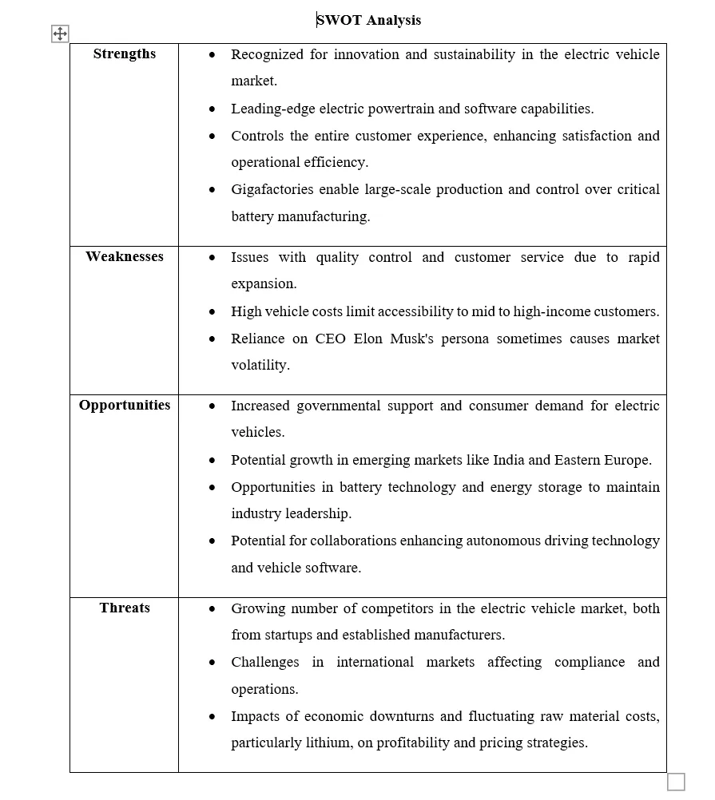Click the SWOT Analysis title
(369, 20)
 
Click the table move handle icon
(60, 34)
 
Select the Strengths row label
(125, 54)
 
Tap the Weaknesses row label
(125, 257)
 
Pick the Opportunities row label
(125, 406)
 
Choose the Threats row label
(125, 608)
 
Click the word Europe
(628, 460)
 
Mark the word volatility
(259, 366)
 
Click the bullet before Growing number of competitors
(212, 608)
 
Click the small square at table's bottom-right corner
(676, 782)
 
